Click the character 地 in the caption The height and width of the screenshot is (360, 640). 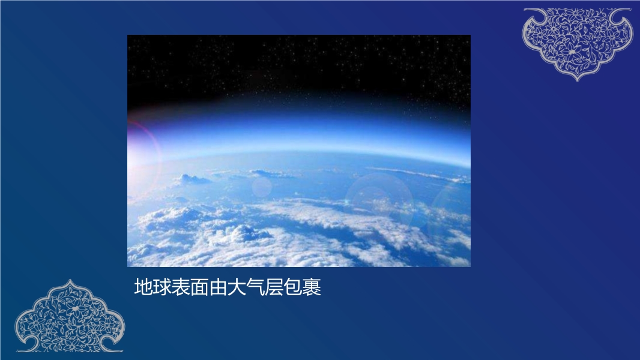(143, 287)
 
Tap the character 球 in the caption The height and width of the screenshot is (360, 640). (162, 287)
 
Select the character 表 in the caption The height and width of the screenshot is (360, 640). (181, 287)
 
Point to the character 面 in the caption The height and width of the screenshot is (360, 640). (199, 287)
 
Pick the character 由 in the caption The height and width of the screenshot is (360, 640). (219, 287)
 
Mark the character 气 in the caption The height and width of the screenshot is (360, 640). (256, 287)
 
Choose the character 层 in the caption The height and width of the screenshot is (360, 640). (274, 287)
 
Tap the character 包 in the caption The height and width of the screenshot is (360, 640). (293, 287)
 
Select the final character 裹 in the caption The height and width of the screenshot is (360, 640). (312, 287)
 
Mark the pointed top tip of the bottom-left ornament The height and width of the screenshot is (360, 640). (70, 280)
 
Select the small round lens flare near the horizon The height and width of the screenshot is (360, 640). (262, 187)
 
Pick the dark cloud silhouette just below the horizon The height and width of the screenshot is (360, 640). (192, 179)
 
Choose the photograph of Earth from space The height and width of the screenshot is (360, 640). (299, 151)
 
